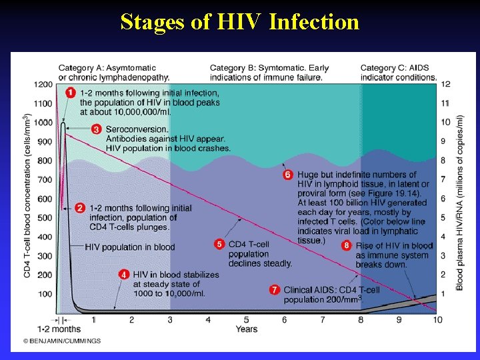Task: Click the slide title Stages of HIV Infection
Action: (x=240, y=23)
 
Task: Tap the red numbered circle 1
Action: (x=71, y=93)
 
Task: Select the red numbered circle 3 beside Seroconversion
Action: (x=97, y=129)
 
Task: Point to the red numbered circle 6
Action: (x=288, y=175)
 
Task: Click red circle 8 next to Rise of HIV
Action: (x=346, y=245)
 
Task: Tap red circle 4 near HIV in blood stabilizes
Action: (x=123, y=274)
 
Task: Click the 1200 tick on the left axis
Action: (x=44, y=84)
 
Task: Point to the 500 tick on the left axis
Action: (x=44, y=218)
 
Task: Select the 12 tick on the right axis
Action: (x=445, y=84)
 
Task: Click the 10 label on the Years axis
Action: (x=437, y=320)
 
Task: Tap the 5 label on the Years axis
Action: (x=246, y=320)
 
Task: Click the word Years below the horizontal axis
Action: (x=246, y=329)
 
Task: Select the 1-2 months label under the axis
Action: (x=59, y=329)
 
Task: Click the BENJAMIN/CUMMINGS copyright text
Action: (x=62, y=341)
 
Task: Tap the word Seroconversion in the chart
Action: (x=137, y=129)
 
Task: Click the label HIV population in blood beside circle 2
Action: (x=130, y=247)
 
